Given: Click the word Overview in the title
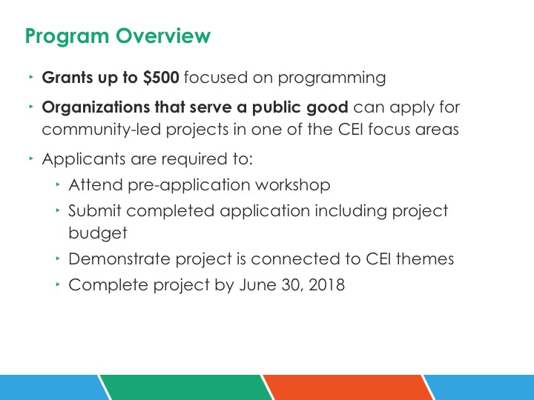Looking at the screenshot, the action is [163, 36].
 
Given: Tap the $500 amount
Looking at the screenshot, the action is [161, 77].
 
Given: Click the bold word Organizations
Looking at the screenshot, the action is [96, 108].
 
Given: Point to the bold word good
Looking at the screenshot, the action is [327, 108].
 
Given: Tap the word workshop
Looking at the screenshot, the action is [292, 185].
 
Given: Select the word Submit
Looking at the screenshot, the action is [95, 210].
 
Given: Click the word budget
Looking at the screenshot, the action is [98, 233].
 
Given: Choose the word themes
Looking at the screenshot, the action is [425, 259].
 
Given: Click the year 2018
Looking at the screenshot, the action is [326, 284].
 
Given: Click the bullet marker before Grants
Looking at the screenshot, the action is [31, 77].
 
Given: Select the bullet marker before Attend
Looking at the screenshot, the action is [58, 184].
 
